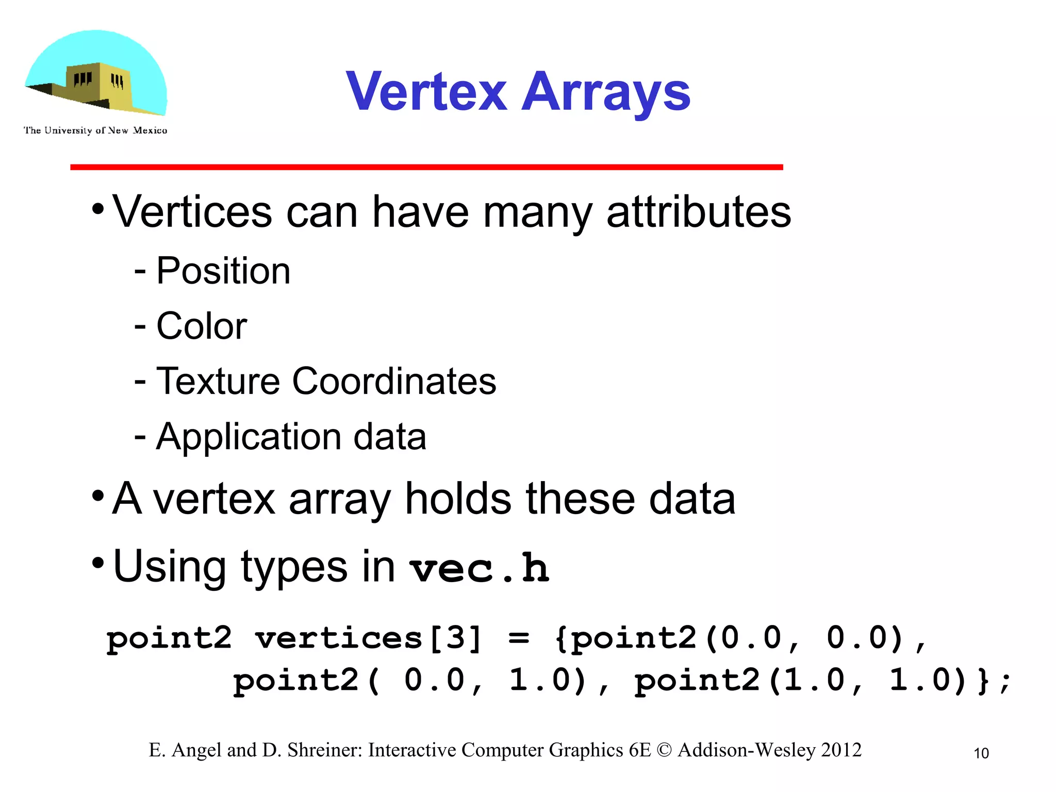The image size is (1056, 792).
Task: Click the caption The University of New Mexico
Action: (x=95, y=130)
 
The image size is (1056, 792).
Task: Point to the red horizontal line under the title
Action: (x=426, y=167)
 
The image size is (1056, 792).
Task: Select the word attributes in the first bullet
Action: (x=698, y=212)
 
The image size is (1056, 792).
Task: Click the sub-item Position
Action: (x=223, y=271)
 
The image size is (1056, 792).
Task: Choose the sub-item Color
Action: (x=201, y=326)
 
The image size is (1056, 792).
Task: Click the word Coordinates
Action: (x=394, y=382)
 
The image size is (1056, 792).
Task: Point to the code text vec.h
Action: (x=480, y=568)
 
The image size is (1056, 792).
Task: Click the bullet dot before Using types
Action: (x=98, y=564)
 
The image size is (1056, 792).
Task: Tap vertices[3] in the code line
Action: (x=368, y=638)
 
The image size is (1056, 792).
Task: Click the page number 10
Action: (x=981, y=753)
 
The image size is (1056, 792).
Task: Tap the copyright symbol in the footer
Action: (x=664, y=750)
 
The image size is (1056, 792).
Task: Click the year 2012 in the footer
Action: (x=841, y=750)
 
